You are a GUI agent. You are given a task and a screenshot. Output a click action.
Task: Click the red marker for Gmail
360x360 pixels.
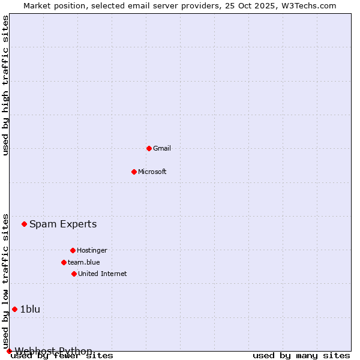(x=149, y=148)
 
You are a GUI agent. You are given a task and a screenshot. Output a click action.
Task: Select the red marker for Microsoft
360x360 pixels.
(x=134, y=172)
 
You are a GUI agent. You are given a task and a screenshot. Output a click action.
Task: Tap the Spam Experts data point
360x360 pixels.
(x=24, y=224)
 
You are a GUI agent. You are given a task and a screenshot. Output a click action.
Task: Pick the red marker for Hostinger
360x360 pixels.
(x=73, y=250)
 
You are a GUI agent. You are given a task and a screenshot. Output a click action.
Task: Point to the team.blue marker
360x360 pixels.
(x=64, y=262)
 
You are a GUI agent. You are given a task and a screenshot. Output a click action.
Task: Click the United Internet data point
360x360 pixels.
(x=74, y=274)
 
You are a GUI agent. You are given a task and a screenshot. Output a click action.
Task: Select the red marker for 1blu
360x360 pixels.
(x=15, y=309)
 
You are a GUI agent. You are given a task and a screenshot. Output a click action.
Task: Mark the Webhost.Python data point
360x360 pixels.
(x=9, y=351)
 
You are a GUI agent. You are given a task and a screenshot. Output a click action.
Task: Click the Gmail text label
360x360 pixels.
(x=162, y=148)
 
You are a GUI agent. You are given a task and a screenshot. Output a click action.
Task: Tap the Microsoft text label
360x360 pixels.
(x=152, y=172)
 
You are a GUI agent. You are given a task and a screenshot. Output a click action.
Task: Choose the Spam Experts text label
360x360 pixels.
(x=63, y=224)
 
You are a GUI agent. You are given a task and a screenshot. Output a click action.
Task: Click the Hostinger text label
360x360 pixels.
(x=92, y=250)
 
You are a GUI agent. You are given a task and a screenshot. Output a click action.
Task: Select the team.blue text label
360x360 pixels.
(x=84, y=262)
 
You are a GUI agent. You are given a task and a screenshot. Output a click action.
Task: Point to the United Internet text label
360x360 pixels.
(x=103, y=274)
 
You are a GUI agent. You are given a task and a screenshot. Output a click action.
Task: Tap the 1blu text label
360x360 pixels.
(x=30, y=310)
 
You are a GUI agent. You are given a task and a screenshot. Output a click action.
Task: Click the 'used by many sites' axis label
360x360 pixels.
(x=301, y=356)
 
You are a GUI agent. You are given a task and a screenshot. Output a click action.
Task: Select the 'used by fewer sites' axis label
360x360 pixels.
(x=62, y=356)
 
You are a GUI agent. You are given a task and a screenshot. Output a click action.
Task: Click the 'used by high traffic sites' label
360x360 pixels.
(x=6, y=85)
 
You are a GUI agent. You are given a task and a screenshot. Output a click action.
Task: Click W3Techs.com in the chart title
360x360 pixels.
(x=307, y=5)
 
